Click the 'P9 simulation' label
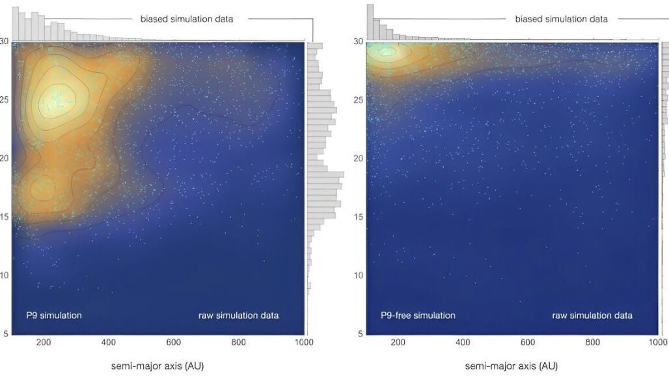[x=54, y=316]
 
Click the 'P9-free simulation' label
[x=418, y=316]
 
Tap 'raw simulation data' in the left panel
[x=238, y=316]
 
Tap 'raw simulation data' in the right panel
[x=592, y=316]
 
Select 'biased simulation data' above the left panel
[x=187, y=19]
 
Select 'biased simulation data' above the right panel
[x=562, y=19]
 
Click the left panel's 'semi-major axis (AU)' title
[x=157, y=366]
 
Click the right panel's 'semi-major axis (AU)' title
[x=511, y=366]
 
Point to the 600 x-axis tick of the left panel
[x=174, y=342]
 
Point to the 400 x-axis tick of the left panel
[x=109, y=342]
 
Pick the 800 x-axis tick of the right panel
[x=593, y=342]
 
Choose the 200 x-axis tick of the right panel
[x=398, y=342]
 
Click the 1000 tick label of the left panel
[x=304, y=342]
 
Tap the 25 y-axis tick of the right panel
[x=359, y=100]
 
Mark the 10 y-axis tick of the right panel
[x=359, y=275]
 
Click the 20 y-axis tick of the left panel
[x=5, y=158]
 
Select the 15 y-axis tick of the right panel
[x=359, y=217]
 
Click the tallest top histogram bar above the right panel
[x=370, y=23]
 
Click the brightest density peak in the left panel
[x=57, y=100]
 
